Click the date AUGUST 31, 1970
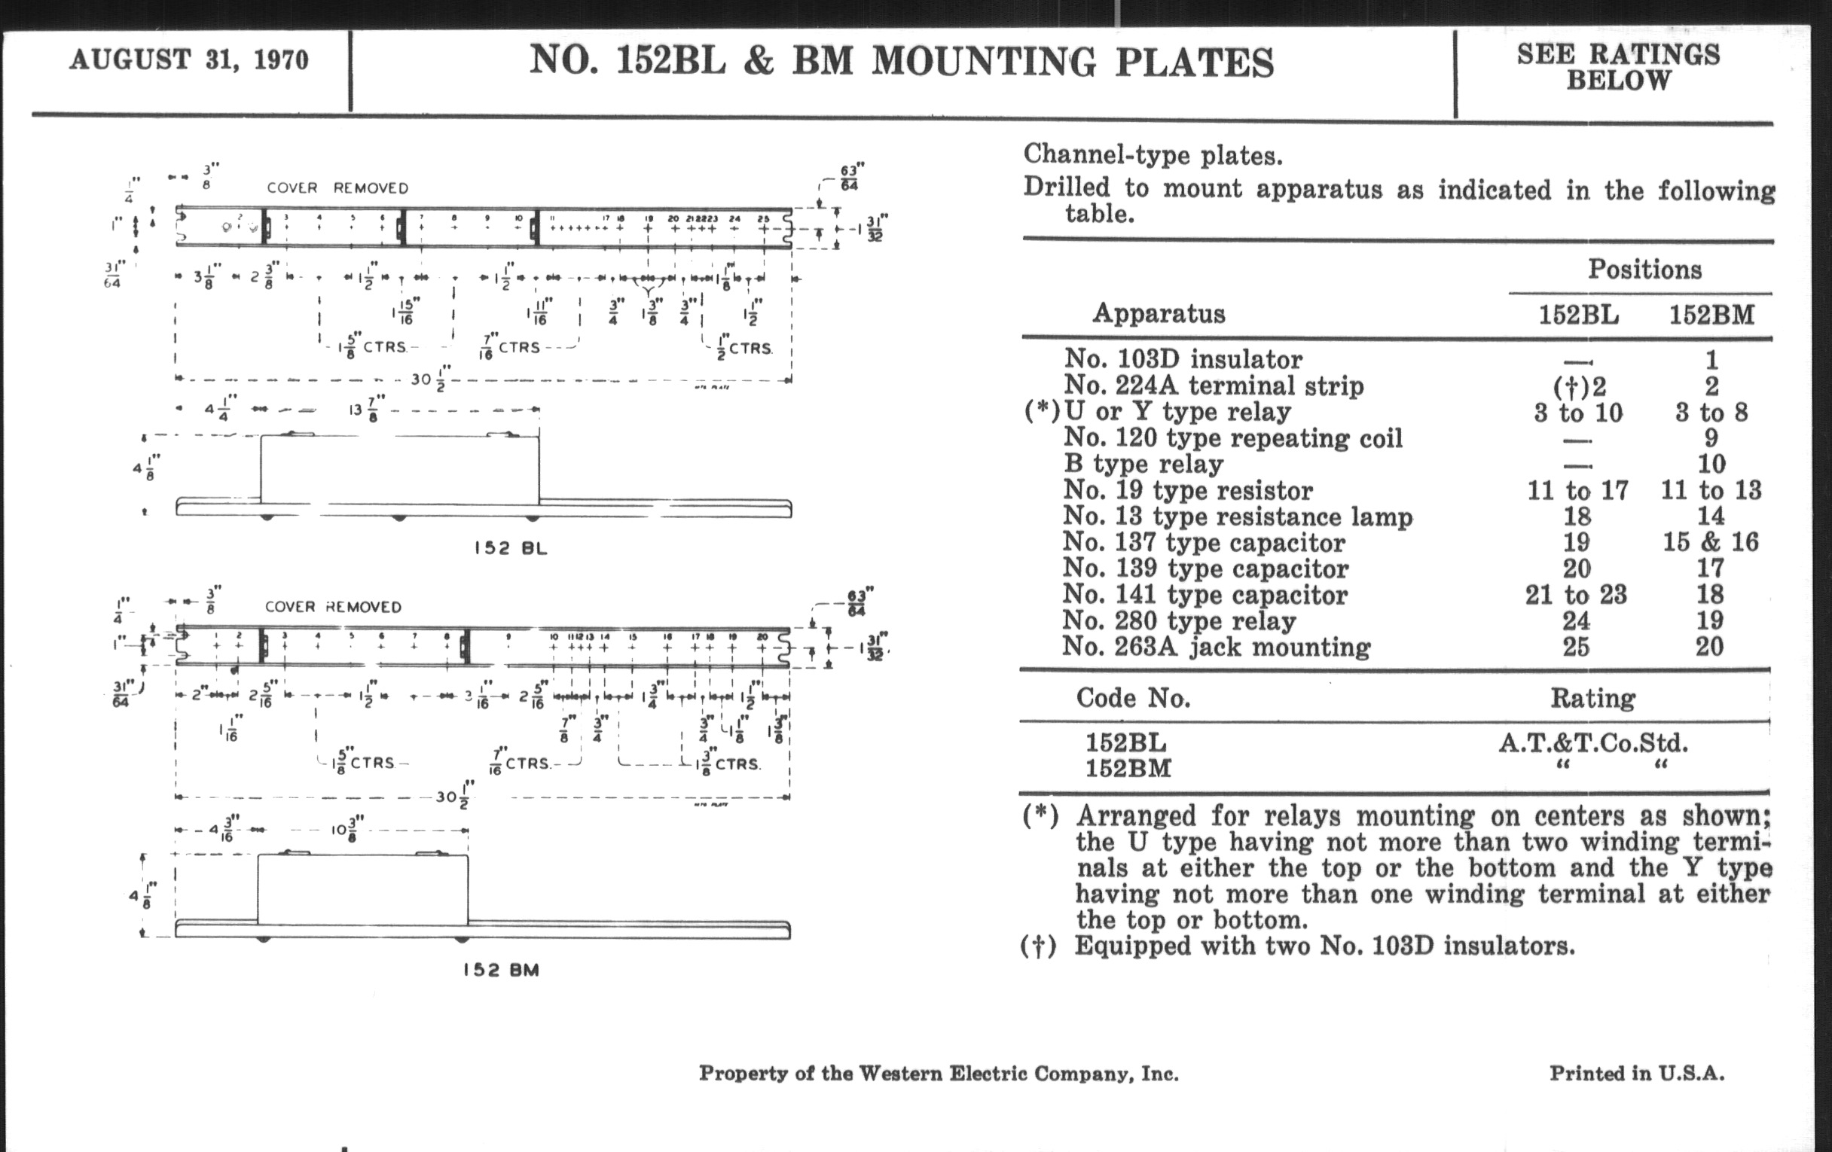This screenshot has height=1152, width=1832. (188, 60)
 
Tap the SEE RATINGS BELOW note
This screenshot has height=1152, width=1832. (1617, 67)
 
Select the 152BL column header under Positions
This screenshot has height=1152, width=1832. (1578, 315)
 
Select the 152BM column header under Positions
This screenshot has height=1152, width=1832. (1711, 315)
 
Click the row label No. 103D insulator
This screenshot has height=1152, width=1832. (1182, 359)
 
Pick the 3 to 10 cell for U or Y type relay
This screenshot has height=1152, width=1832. (1578, 413)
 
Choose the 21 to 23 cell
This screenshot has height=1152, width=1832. (1576, 595)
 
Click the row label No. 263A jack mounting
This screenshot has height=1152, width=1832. (1216, 647)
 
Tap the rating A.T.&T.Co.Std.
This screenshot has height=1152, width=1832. (1593, 743)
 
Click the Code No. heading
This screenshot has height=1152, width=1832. (1133, 698)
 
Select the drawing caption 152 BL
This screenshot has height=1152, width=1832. (511, 548)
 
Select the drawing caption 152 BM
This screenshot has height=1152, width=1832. (501, 971)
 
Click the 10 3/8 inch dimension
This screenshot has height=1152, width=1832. (347, 829)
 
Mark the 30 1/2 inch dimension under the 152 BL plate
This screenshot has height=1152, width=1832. (431, 378)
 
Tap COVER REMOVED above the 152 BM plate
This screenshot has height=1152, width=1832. (332, 607)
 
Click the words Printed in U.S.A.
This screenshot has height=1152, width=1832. (1636, 1073)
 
